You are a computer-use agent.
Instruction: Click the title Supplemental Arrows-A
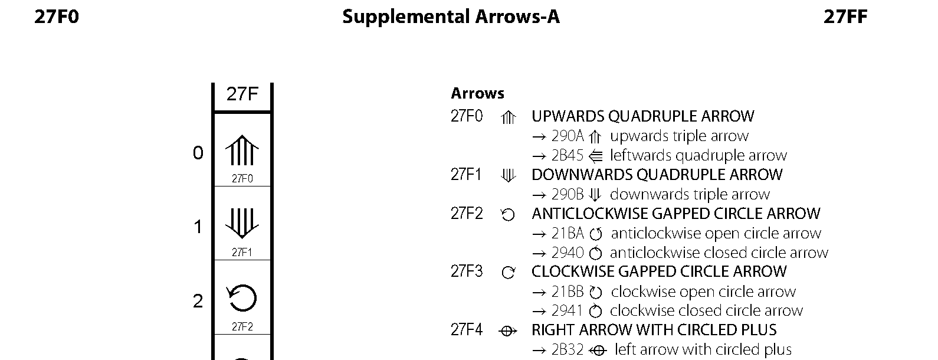click(451, 17)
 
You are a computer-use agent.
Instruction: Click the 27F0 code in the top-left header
click(56, 17)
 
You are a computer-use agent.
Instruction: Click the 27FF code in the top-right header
click(845, 17)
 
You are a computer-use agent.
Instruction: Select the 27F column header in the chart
click(242, 94)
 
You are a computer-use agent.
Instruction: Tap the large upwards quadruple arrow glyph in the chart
click(242, 150)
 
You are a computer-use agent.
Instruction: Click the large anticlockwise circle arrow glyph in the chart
click(242, 298)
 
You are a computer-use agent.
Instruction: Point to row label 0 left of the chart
click(198, 153)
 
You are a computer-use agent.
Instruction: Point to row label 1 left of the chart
click(198, 227)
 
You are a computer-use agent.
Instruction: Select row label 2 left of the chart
click(198, 302)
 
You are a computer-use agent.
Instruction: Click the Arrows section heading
click(477, 93)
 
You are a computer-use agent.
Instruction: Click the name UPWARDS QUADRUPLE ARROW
click(642, 116)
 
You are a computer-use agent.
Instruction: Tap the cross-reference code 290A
click(567, 136)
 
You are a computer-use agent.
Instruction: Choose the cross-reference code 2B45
click(567, 156)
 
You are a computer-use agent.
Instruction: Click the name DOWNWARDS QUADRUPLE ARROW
click(657, 175)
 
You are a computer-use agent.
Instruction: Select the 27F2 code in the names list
click(467, 214)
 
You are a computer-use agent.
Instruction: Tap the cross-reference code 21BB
click(567, 292)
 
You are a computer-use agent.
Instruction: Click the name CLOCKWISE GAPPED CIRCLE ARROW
click(659, 271)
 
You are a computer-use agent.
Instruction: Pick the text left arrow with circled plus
click(703, 349)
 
